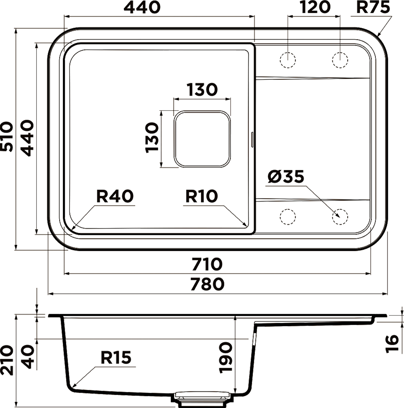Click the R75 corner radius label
click(373, 7)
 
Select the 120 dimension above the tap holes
click(315, 7)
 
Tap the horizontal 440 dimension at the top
click(142, 7)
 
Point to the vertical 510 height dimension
click(7, 137)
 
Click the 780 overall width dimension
click(207, 284)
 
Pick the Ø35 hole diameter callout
click(286, 177)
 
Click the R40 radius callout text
click(115, 196)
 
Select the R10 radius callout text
click(201, 196)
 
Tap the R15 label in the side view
click(116, 358)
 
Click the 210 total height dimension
click(7, 360)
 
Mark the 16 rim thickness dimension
click(392, 343)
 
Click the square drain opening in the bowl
click(202, 139)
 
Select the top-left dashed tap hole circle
click(288, 60)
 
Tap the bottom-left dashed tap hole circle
click(288, 217)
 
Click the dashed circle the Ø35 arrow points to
click(340, 217)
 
